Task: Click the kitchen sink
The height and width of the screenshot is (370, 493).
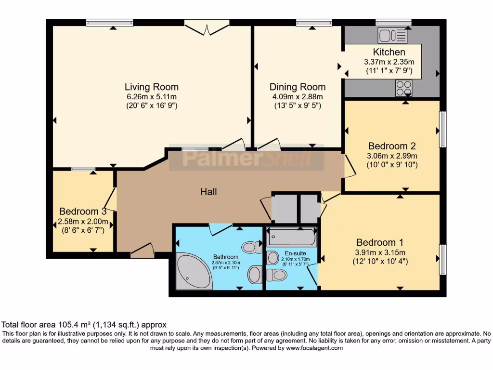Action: click(393, 35)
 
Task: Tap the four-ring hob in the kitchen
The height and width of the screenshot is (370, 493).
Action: click(403, 88)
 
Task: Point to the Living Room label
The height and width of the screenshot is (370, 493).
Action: click(152, 87)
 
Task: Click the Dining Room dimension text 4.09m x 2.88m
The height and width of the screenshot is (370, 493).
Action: click(297, 96)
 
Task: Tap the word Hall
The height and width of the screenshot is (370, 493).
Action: click(208, 192)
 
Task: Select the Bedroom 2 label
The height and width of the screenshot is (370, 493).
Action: click(392, 146)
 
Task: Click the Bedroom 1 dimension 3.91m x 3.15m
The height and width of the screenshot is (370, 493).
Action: click(380, 252)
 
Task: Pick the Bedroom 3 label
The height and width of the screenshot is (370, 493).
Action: click(83, 211)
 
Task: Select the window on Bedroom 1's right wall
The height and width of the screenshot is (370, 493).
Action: click(442, 260)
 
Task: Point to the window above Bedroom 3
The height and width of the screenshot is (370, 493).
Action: click(83, 169)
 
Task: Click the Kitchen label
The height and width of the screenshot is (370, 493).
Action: click(389, 52)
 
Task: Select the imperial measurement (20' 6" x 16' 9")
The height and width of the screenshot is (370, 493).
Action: click(152, 106)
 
